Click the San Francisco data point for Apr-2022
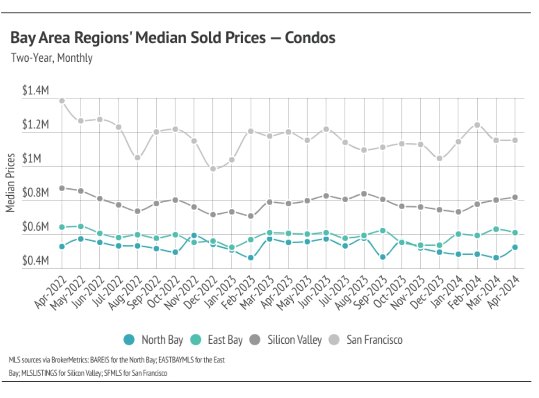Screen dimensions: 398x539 [62, 101]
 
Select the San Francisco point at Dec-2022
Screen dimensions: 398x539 [213, 169]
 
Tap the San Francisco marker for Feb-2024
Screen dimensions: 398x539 [477, 125]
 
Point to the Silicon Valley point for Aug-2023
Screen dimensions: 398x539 [364, 193]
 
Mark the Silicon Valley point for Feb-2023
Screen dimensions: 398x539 [250, 216]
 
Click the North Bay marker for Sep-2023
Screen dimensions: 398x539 [383, 257]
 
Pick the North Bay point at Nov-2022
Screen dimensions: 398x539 [194, 236]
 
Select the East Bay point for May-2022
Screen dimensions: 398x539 [81, 226]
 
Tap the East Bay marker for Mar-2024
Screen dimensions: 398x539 [496, 229]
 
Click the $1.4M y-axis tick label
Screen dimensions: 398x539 [35, 91]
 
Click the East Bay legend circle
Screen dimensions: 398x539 [197, 340]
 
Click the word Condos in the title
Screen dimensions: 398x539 [310, 38]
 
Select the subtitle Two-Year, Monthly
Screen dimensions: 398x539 [51, 58]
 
